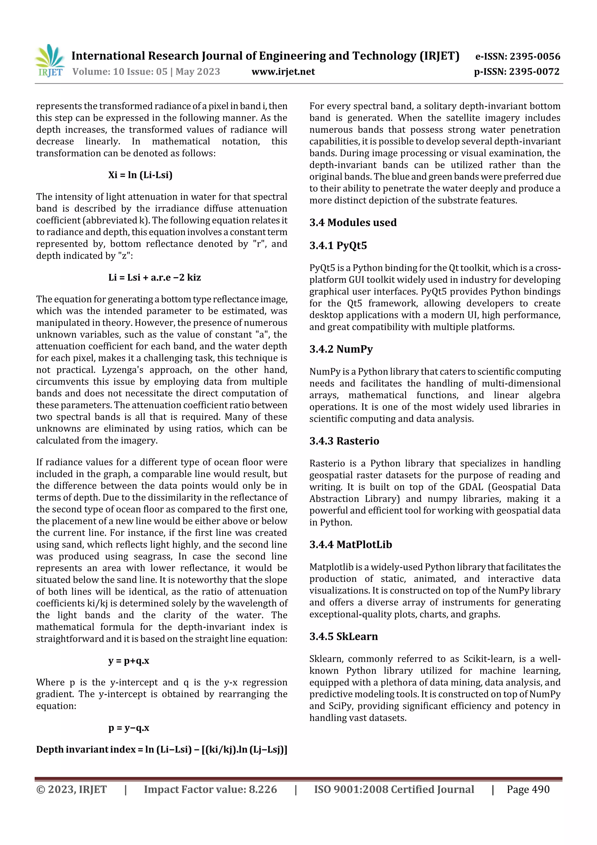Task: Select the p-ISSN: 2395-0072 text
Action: [x=517, y=72]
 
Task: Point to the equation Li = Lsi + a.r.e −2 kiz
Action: [x=154, y=277]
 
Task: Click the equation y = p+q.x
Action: [x=129, y=661]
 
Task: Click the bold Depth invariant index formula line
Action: [x=161, y=750]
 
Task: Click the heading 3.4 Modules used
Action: [x=353, y=223]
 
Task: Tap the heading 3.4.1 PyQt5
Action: [x=338, y=246]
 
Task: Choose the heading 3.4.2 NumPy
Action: [x=341, y=349]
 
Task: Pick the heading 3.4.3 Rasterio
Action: [x=344, y=441]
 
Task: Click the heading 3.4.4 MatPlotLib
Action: [x=351, y=544]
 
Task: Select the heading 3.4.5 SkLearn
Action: [x=344, y=636]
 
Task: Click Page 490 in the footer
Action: [x=528, y=789]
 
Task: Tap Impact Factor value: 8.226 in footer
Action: [x=210, y=789]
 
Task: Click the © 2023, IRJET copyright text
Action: [x=71, y=789]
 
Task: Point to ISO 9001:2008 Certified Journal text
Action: [x=394, y=789]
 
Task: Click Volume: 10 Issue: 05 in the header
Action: [x=120, y=72]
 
